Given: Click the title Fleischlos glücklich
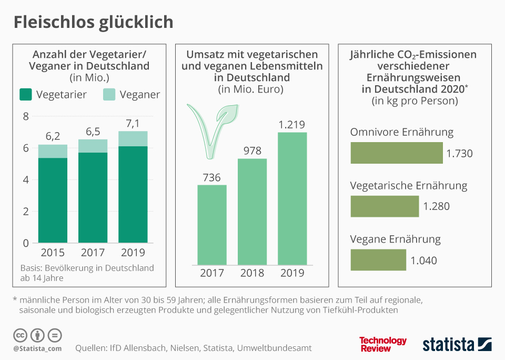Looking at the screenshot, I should (93, 22).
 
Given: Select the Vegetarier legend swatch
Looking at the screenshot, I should (26, 95).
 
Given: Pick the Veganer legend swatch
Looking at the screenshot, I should (109, 95).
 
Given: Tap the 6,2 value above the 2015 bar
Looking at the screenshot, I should (53, 136).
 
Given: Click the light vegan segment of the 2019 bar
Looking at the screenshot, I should (133, 139).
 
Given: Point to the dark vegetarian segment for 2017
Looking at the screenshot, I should (93, 197).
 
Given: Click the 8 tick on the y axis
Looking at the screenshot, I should (25, 116).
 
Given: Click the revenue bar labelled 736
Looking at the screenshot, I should (212, 225).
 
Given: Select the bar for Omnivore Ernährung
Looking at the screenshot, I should (397, 153).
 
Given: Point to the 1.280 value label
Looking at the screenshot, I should (437, 206).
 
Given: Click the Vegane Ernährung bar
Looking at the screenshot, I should (378, 260).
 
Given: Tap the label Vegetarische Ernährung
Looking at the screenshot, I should (409, 186).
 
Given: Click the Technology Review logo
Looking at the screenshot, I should (383, 344).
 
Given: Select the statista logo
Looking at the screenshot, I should (457, 345).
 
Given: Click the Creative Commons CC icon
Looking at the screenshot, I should (21, 335).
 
